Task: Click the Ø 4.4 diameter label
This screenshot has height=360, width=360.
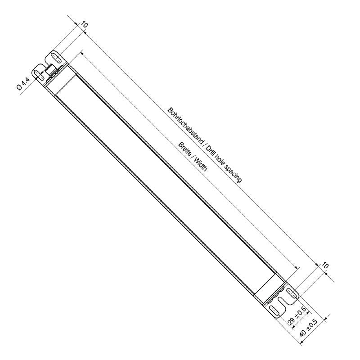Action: pyautogui.click(x=23, y=85)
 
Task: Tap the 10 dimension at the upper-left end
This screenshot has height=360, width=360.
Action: pyautogui.click(x=84, y=25)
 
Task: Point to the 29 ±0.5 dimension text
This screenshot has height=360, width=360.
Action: pyautogui.click(x=297, y=315)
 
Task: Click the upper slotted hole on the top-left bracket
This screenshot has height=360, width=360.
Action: pyautogui.click(x=56, y=57)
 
